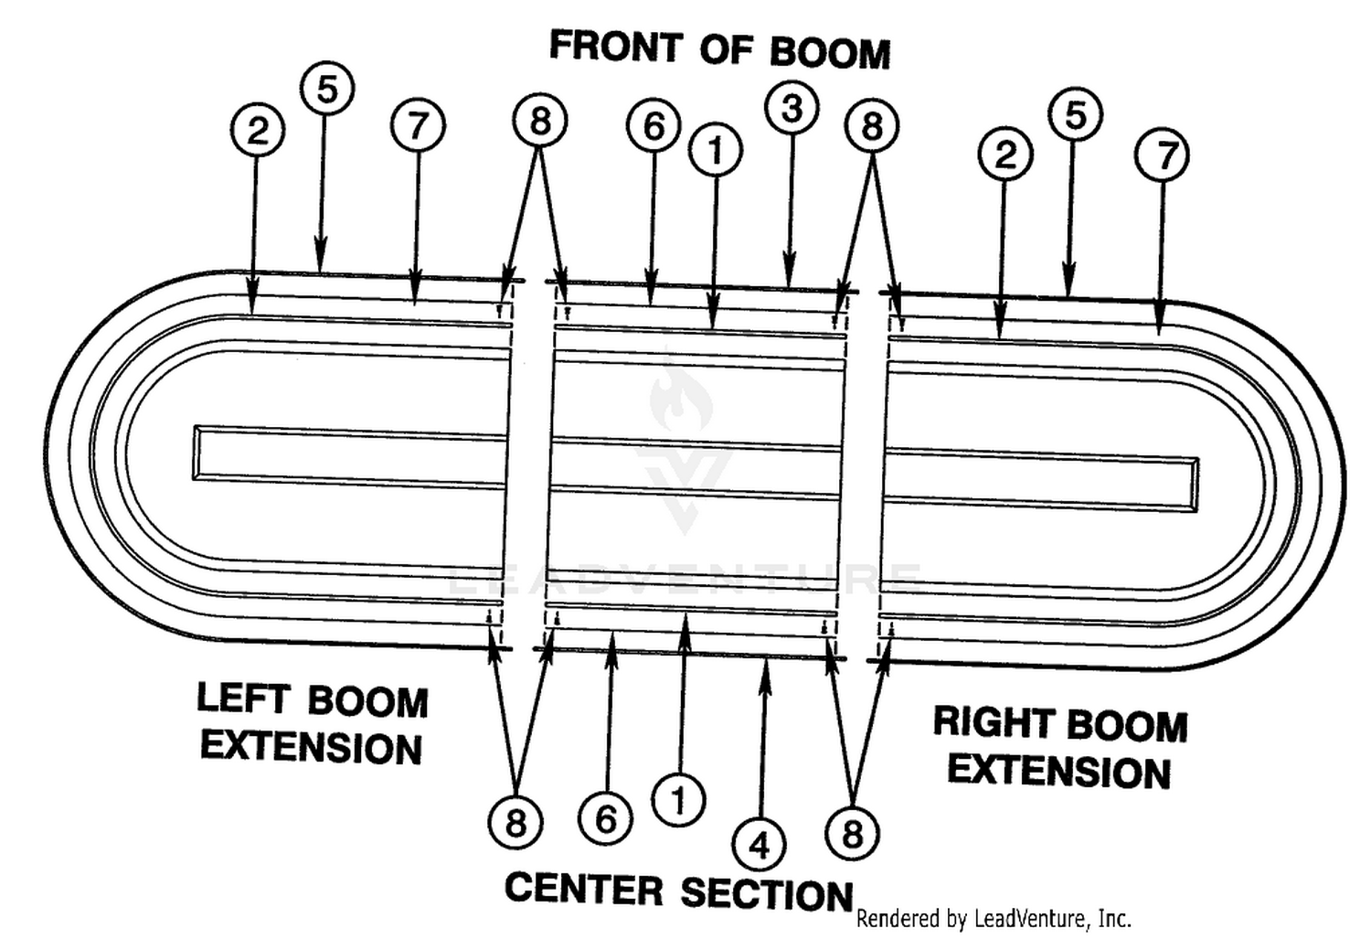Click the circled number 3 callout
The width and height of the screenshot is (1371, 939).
click(x=792, y=108)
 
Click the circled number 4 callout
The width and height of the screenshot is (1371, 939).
click(x=759, y=846)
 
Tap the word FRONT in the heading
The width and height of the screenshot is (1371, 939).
click(x=616, y=46)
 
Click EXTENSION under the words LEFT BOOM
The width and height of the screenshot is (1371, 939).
click(x=312, y=748)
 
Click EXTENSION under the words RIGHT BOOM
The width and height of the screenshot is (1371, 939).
click(x=1059, y=772)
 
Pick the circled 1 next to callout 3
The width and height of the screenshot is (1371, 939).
click(x=716, y=150)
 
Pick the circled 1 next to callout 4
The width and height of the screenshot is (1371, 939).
click(x=678, y=800)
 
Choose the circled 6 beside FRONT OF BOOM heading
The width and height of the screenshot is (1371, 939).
click(x=654, y=125)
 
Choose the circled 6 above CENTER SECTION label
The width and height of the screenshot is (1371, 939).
click(x=605, y=818)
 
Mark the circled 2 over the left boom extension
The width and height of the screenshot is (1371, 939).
click(x=258, y=131)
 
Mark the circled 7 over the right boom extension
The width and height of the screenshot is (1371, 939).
click(x=1163, y=155)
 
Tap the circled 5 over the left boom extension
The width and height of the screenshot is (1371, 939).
click(x=327, y=89)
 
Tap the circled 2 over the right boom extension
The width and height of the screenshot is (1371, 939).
click(x=1005, y=154)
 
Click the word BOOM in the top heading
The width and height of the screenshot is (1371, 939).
click(x=830, y=53)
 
